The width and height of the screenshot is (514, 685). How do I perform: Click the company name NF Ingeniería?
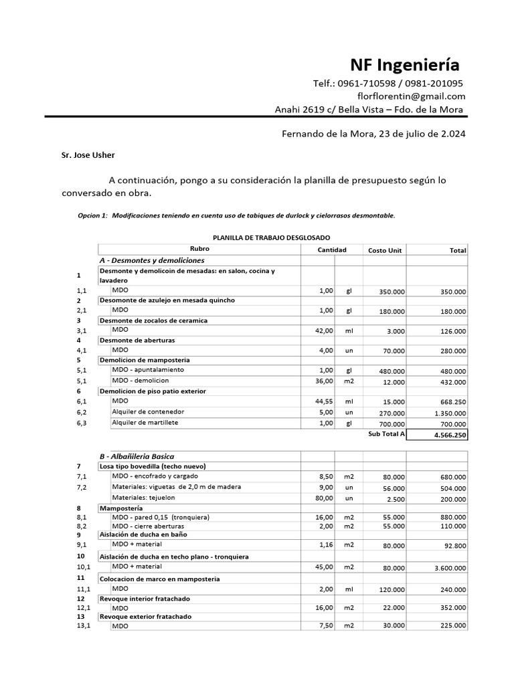click(x=405, y=65)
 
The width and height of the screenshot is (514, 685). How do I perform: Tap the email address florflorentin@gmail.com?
click(x=411, y=96)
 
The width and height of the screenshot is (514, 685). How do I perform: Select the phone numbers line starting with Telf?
click(x=388, y=84)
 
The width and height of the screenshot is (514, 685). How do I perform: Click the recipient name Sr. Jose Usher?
click(x=88, y=155)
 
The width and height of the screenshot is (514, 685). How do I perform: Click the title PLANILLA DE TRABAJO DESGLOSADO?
click(x=270, y=237)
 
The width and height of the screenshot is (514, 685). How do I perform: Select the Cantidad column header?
click(x=331, y=250)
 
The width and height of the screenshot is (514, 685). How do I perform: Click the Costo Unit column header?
click(x=385, y=250)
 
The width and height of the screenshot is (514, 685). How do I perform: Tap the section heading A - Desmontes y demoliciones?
click(x=151, y=260)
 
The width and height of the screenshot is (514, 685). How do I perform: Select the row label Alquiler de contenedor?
click(x=148, y=411)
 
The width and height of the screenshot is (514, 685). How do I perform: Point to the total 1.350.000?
click(x=448, y=413)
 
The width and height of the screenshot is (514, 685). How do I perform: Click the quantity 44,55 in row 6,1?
click(x=324, y=402)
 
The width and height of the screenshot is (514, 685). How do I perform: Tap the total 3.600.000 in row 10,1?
click(x=448, y=568)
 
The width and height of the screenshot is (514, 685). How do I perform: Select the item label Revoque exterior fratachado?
click(x=145, y=616)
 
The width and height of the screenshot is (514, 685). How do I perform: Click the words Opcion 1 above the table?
click(x=92, y=215)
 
